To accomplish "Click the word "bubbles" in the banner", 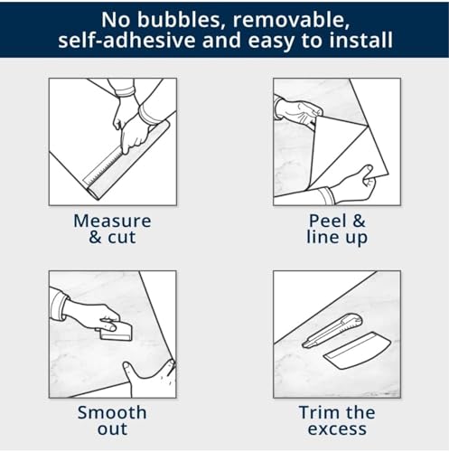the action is click(x=181, y=20).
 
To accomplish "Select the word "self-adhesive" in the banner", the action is click(x=126, y=41).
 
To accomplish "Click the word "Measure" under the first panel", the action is click(x=112, y=221).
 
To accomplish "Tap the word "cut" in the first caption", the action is click(x=122, y=237).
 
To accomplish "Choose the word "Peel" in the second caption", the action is click(x=328, y=221).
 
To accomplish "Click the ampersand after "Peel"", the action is click(x=360, y=221).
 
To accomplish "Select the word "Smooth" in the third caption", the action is click(x=112, y=412).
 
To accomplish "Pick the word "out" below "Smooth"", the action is click(x=112, y=429).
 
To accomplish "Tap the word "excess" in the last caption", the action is click(x=337, y=429).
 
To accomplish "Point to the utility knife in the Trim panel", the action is click(x=332, y=330).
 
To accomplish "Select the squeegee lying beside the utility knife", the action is click(x=357, y=351).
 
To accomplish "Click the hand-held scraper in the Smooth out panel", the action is click(x=116, y=332).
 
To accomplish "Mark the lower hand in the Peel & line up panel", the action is click(x=354, y=185).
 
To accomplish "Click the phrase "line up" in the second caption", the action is click(x=337, y=238).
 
